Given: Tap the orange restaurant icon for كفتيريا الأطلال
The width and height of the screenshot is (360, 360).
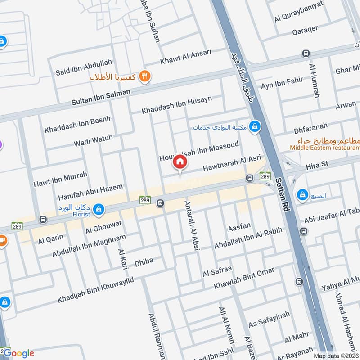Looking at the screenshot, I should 145,76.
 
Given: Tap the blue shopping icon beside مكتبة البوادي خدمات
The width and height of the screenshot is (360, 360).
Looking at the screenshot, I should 255,127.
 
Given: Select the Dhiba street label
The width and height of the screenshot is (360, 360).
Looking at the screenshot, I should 144,261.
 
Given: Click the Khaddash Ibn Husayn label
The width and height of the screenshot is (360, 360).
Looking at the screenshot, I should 177,105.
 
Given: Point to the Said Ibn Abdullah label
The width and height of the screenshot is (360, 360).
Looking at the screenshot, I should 84,67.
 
